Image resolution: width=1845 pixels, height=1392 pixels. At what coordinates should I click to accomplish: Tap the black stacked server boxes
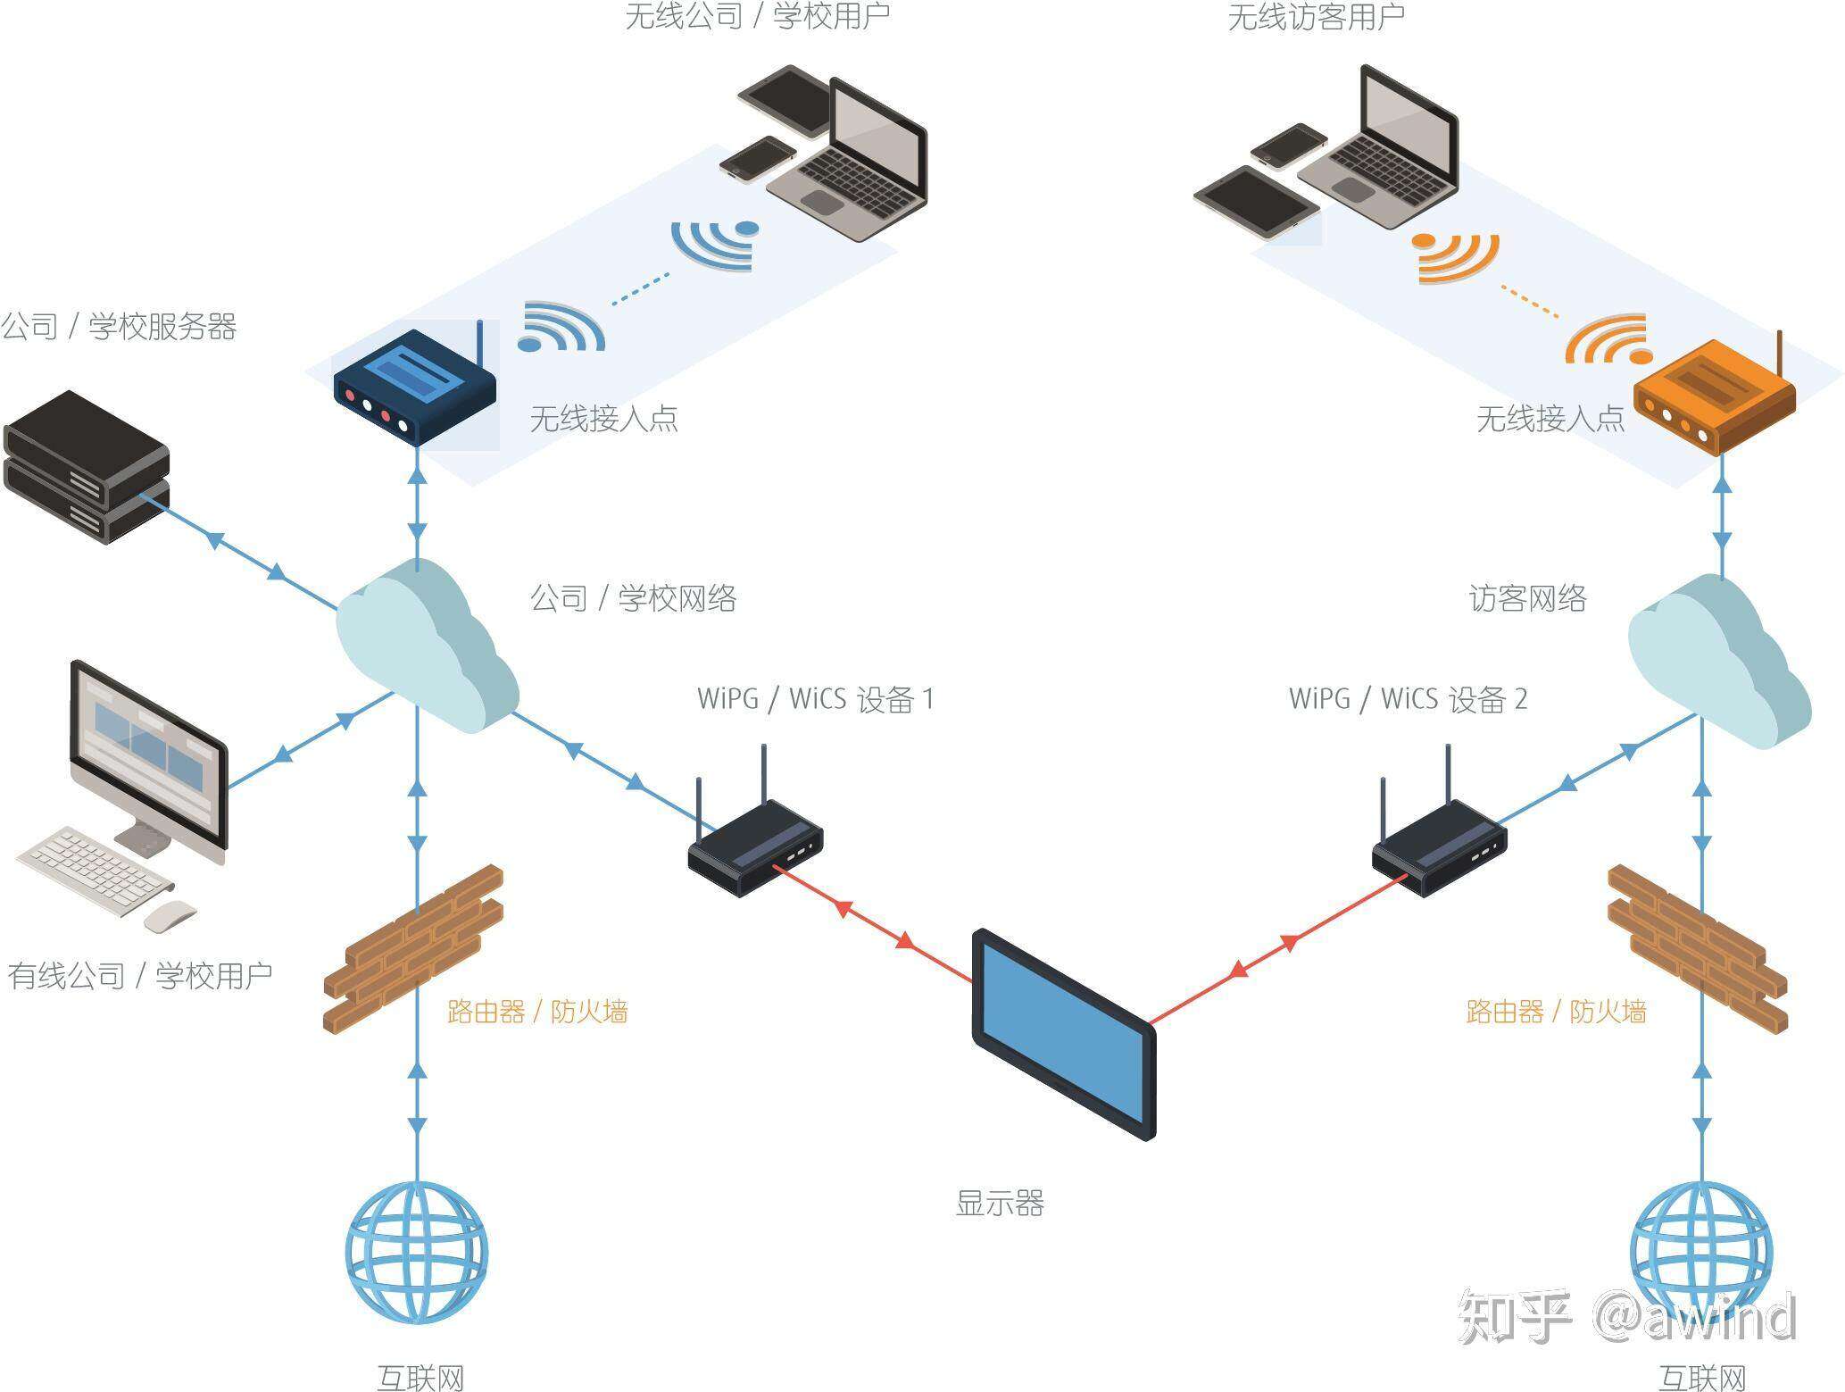pos(86,467)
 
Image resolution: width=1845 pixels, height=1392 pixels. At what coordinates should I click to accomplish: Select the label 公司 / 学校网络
pos(633,598)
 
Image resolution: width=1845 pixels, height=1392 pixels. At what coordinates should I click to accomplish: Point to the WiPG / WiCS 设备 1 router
pos(755,848)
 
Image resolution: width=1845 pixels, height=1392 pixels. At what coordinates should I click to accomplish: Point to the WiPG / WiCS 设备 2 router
pos(1439,848)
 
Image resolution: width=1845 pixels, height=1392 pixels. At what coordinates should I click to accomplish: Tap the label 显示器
pos(999,1204)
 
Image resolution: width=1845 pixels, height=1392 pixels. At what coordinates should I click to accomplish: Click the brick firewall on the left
pos(412,948)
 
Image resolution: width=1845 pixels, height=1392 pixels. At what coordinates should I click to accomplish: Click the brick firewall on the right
pos(1696,948)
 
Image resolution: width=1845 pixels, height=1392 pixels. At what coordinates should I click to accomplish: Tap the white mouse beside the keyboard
pos(170,915)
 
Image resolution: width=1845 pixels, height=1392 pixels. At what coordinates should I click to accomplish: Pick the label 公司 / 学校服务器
pos(118,327)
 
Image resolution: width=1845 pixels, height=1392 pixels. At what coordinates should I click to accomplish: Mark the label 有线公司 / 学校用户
pos(140,975)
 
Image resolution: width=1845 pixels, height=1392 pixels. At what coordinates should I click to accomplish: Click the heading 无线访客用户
pos(1316,17)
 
